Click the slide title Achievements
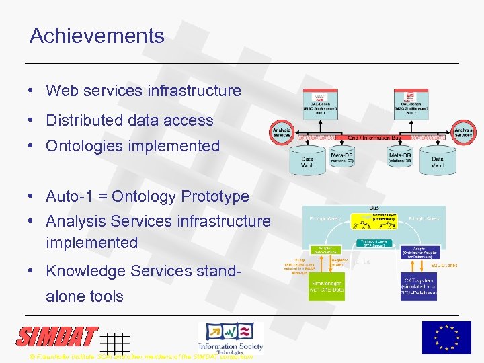pos(97,36)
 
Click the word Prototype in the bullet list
pos(213,197)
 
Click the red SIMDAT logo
pos(57,336)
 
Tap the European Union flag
pos(446,337)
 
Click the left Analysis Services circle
pos(282,132)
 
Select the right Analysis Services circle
pos(463,132)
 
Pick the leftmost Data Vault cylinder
pos(307,161)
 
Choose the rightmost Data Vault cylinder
pos(438,161)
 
